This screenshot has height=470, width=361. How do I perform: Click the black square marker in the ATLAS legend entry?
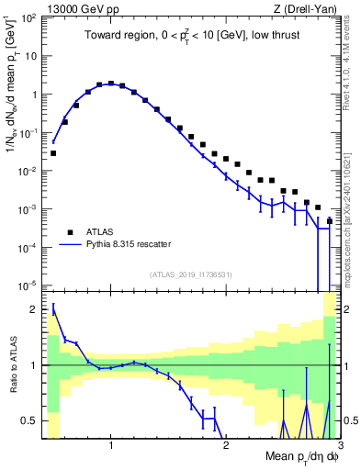tap(69, 233)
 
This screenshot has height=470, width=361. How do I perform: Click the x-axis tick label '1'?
tap(111, 445)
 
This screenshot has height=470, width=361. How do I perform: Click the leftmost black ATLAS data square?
tap(53, 153)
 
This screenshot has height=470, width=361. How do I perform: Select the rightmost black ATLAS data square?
tap(329, 221)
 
